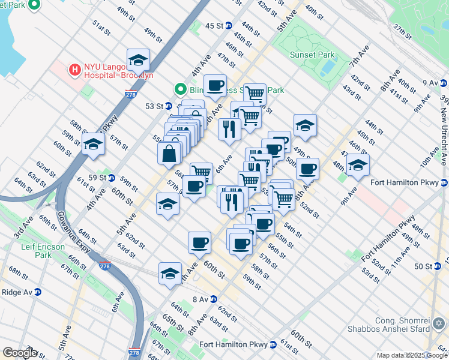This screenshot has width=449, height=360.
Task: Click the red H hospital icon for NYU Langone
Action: pyautogui.click(x=75, y=70)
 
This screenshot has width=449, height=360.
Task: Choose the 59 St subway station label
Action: pyautogui.click(x=100, y=178)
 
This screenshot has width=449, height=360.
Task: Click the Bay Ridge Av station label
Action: pyautogui.click(x=18, y=292)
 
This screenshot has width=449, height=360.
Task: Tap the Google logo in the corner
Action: pyautogui.click(x=20, y=353)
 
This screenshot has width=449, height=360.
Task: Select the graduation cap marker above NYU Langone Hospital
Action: pyautogui.click(x=138, y=60)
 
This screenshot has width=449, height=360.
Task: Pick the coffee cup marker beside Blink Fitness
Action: pyautogui.click(x=215, y=86)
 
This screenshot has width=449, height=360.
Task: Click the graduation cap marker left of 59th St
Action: pyautogui.click(x=94, y=144)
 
